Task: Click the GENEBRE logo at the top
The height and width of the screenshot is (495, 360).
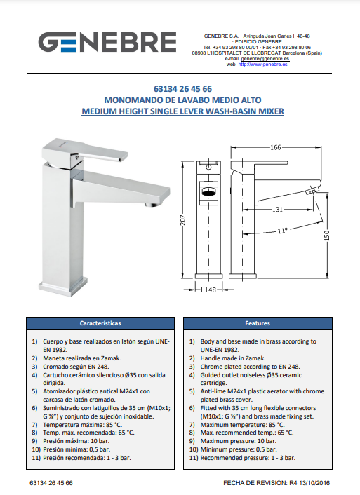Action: pyautogui.click(x=107, y=42)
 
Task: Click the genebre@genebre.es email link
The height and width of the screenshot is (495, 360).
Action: pyautogui.click(x=265, y=59)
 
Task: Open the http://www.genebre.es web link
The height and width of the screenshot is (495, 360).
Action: pyautogui.click(x=262, y=65)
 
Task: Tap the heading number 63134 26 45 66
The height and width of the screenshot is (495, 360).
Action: pyautogui.click(x=182, y=89)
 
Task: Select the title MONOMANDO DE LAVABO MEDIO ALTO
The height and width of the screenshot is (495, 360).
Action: pyautogui.click(x=182, y=100)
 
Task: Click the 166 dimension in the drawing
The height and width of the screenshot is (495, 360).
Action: pyautogui.click(x=276, y=147)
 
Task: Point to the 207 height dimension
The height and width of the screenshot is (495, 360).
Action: pyautogui.click(x=183, y=219)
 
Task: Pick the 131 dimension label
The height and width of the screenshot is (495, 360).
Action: pyautogui.click(x=277, y=210)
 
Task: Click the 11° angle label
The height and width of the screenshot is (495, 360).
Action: pyautogui.click(x=282, y=231)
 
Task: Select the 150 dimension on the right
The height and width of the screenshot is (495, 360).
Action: pyautogui.click(x=326, y=236)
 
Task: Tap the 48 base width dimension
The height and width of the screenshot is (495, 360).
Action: pyautogui.click(x=208, y=290)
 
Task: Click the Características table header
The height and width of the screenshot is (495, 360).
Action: pyautogui.click(x=100, y=323)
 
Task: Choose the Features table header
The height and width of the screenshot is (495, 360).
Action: pyautogui.click(x=258, y=323)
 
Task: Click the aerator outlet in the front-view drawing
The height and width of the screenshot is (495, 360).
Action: pyautogui.click(x=208, y=192)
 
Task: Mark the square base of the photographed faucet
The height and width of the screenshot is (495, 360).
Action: pyautogui.click(x=63, y=285)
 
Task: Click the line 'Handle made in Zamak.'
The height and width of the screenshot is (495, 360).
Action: pyautogui.click(x=232, y=358)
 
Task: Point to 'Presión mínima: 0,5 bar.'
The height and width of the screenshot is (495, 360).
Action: pyautogui.click(x=76, y=449)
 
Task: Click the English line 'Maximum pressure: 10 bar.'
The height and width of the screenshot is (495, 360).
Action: pyautogui.click(x=239, y=441)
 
